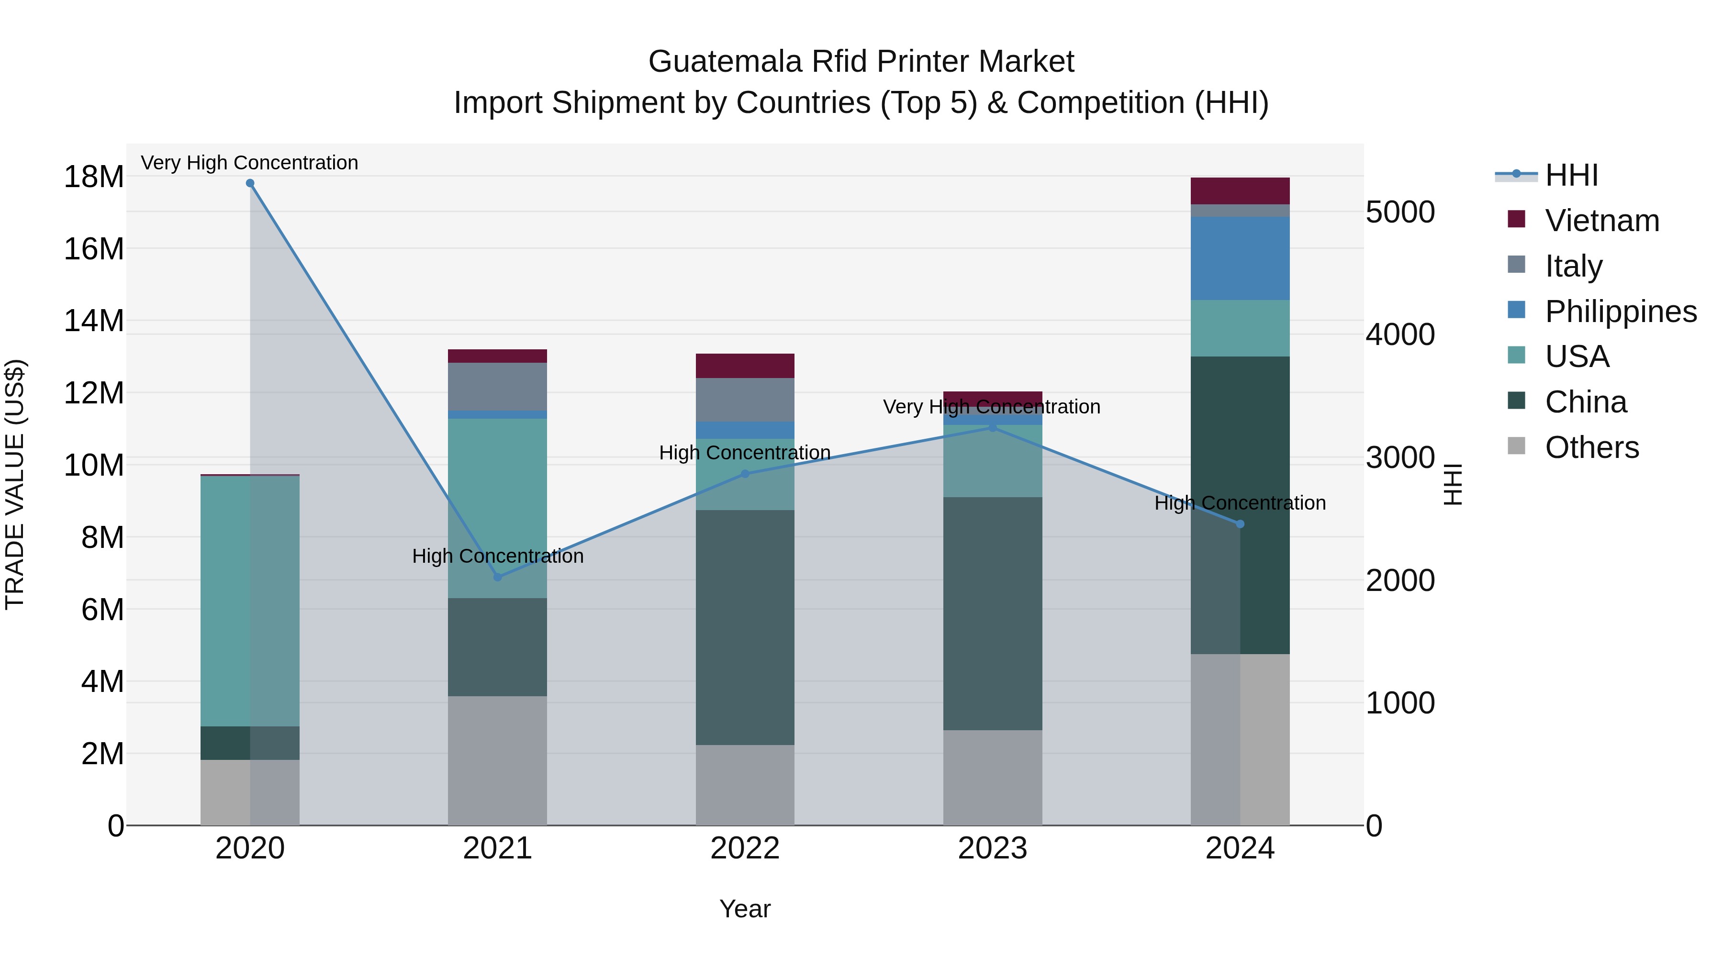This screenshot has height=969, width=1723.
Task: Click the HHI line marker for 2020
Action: (x=250, y=183)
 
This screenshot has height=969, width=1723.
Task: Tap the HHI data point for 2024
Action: (x=1240, y=524)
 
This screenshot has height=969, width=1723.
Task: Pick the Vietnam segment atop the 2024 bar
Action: (x=1240, y=191)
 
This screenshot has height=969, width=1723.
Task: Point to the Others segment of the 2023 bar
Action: (x=993, y=777)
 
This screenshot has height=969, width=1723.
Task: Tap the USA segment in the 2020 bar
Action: (x=250, y=601)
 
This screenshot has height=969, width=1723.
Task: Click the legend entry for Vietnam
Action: (x=1602, y=221)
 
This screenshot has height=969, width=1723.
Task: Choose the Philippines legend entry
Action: (x=1620, y=312)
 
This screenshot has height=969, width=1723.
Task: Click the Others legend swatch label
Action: (x=1591, y=447)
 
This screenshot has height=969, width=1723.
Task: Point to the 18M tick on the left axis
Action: (x=94, y=177)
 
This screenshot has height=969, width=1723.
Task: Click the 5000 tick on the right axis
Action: (x=1400, y=212)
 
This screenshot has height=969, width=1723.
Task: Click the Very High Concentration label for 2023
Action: (x=991, y=407)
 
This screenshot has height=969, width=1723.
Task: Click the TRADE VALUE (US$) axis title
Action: (x=15, y=484)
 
